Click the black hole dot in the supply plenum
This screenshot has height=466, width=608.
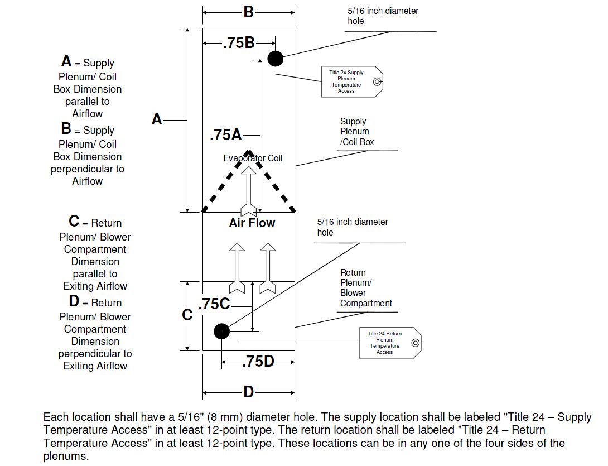point(276,59)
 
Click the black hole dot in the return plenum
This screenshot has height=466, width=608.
point(222,332)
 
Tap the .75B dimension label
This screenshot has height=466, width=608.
point(239,42)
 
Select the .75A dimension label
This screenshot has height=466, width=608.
point(226,135)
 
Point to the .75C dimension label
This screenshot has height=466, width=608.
point(214,304)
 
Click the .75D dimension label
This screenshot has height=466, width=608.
point(258,362)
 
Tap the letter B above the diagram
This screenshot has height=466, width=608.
point(249,12)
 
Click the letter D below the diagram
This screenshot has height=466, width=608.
point(249,392)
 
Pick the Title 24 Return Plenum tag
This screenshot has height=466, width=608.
point(390,343)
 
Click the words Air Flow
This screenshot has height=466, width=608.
point(252,223)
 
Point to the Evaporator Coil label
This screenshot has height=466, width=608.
point(253,158)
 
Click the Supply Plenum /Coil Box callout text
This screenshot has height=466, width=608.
point(357,132)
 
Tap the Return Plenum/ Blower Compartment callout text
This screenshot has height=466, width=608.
point(366,288)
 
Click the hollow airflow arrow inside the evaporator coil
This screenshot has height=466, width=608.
point(249,191)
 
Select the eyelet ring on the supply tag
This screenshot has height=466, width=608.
point(377,81)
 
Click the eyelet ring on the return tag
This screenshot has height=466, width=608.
point(416,343)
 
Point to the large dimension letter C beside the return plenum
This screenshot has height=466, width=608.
point(187,315)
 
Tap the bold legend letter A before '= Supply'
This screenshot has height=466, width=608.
point(66,61)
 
